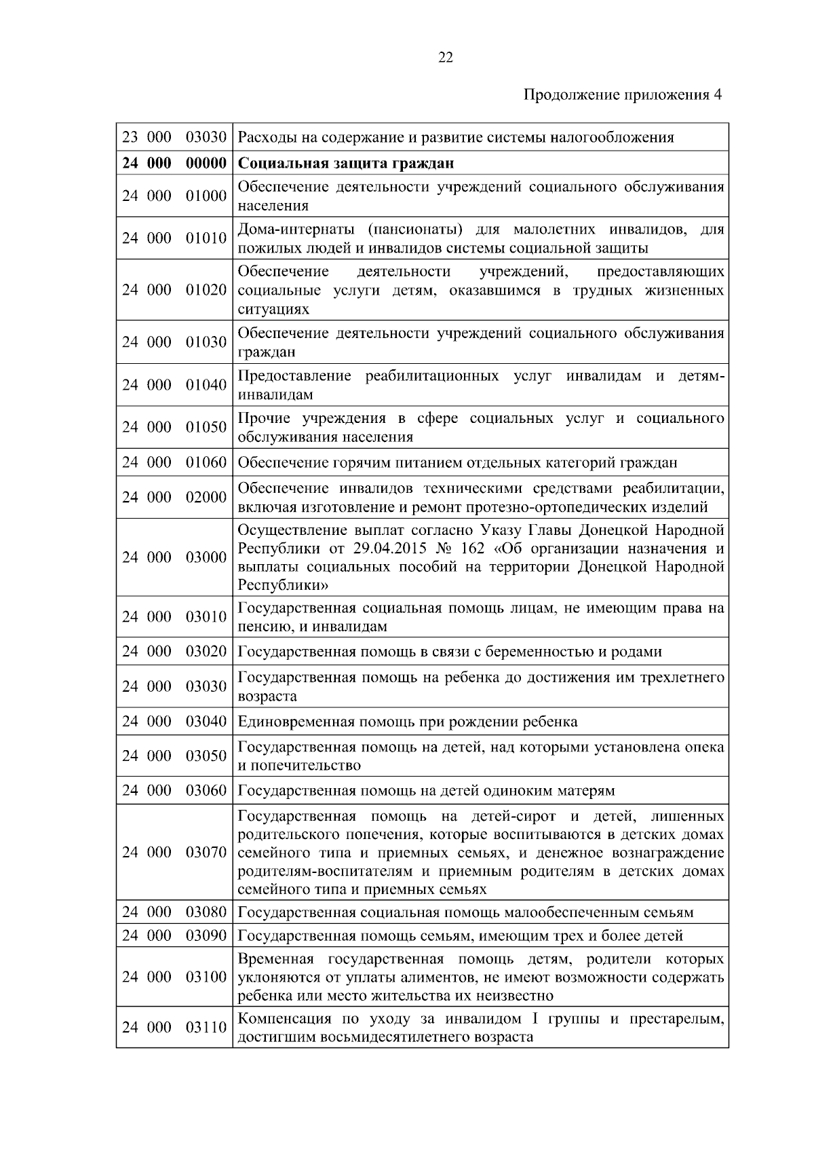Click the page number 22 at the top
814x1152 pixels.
pos(445,58)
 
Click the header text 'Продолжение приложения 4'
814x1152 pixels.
pos(623,95)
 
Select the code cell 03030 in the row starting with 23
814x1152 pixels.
pos(206,137)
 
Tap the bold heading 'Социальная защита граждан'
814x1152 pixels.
pos(346,164)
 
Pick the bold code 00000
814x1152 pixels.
pos(206,164)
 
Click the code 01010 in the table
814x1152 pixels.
pos(206,238)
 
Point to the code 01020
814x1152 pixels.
pos(206,290)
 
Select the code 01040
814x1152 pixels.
pos(206,385)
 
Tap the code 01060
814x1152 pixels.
pos(206,462)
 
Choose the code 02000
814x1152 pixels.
pos(206,497)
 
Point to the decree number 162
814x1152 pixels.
pos(473,549)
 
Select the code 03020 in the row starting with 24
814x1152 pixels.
pos(206,652)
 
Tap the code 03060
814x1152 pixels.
pos(206,791)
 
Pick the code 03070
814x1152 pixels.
pos(206,852)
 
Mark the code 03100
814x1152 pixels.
pos(206,977)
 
